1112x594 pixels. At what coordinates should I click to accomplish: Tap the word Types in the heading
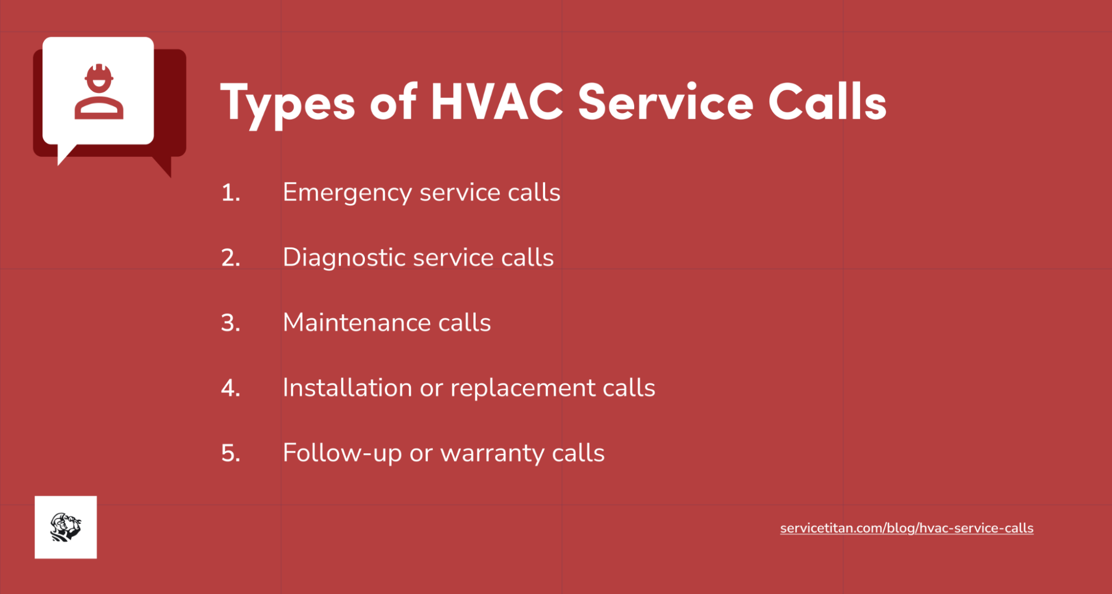pos(288,104)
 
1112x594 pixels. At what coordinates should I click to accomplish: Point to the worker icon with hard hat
pos(99,91)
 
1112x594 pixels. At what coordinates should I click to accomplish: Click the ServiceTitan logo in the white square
pos(66,527)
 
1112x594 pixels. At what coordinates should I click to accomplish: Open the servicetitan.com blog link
pos(906,528)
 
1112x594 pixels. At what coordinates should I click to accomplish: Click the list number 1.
pos(230,193)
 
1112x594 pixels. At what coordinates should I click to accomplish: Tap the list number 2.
pos(230,258)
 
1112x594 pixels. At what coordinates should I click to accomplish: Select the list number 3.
pos(230,323)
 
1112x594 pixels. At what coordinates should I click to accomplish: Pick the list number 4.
pos(230,388)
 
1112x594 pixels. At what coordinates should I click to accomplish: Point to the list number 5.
pos(230,453)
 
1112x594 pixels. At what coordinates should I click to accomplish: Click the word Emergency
pos(347,193)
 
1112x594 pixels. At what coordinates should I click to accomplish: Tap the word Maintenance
pos(356,323)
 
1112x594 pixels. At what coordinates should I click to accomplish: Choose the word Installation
pos(347,388)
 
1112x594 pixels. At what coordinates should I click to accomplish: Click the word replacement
pos(523,388)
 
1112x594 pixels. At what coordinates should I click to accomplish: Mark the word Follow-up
pos(342,453)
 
